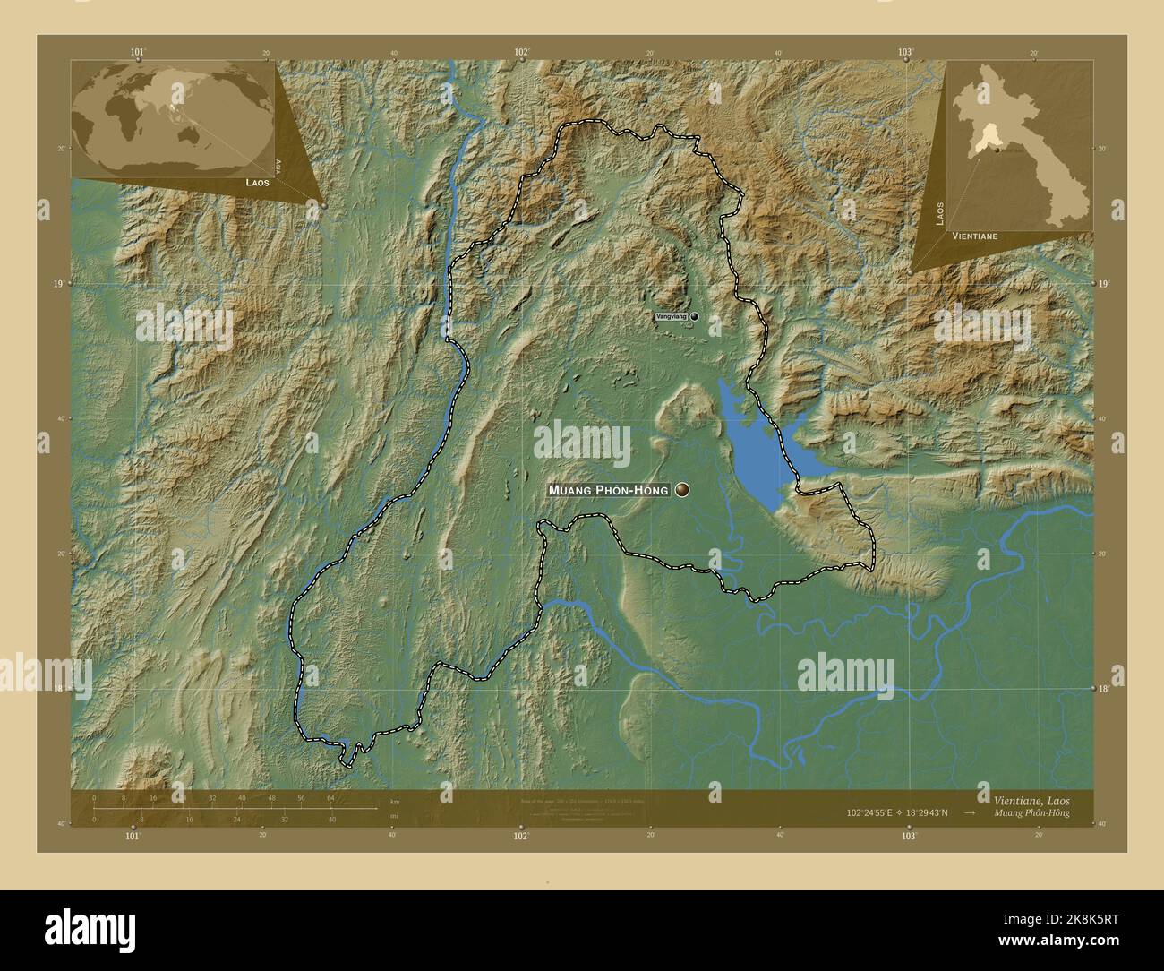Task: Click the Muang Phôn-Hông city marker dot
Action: (x=684, y=490)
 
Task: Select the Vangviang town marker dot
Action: (x=693, y=316)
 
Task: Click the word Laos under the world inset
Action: (x=257, y=182)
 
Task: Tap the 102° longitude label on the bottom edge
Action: (x=521, y=835)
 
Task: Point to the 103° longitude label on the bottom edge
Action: (x=909, y=835)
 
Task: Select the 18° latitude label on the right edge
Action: (x=1103, y=688)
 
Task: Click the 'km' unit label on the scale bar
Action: (x=394, y=801)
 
